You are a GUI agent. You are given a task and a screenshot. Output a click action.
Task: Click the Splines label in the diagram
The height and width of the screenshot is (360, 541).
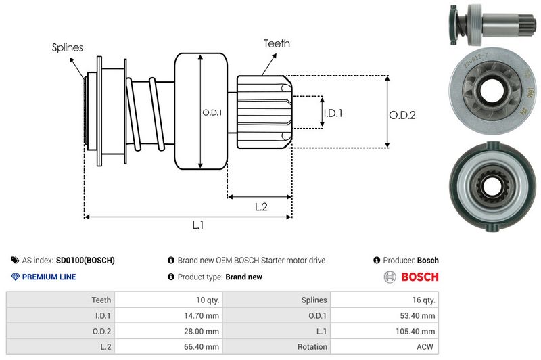click(67, 47)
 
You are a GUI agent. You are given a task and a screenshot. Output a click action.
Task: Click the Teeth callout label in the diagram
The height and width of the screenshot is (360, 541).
click(277, 43)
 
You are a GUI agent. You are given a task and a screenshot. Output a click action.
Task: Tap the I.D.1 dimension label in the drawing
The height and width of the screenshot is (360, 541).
click(333, 113)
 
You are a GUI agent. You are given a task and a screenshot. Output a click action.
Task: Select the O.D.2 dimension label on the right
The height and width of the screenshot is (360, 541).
click(402, 115)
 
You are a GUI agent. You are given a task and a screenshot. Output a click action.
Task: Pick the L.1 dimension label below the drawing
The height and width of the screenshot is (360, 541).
click(198, 225)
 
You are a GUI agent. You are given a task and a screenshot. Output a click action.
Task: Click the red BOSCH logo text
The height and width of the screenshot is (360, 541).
click(419, 277)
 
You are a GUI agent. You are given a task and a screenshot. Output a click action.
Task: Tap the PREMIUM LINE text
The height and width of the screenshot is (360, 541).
click(49, 277)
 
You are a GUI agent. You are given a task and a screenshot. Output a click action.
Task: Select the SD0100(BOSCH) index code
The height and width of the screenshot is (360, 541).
click(85, 260)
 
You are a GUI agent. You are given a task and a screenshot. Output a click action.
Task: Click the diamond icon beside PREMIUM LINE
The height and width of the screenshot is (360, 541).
click(15, 277)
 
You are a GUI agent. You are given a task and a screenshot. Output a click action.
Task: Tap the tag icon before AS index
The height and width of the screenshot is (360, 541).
click(15, 260)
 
